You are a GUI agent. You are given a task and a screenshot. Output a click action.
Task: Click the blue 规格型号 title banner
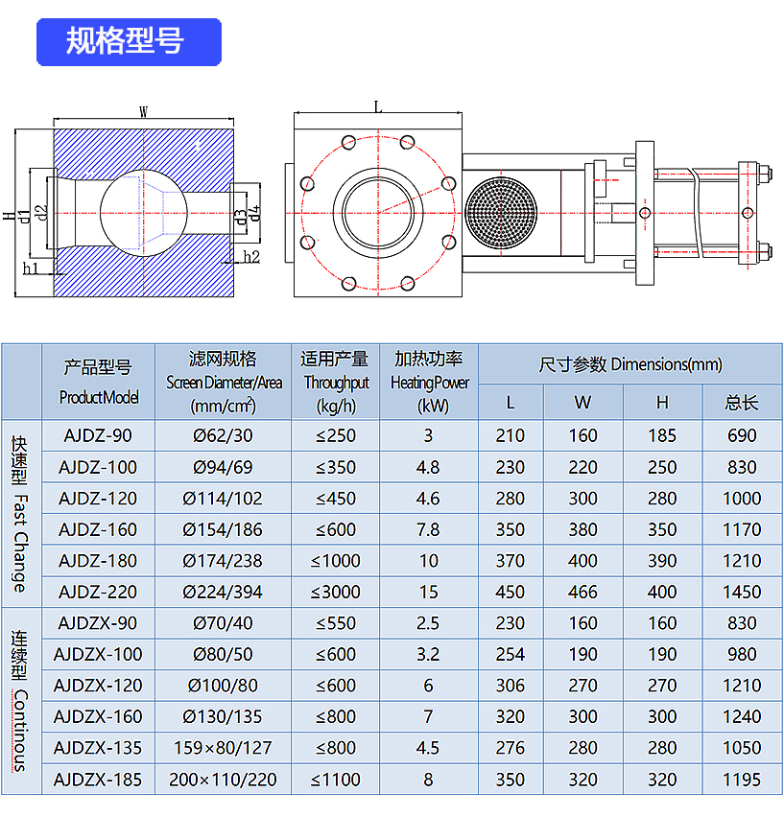pos(129,42)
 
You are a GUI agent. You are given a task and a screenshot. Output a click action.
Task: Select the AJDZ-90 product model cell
pos(97,435)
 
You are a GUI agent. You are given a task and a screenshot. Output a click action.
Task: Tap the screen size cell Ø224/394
pos(224,592)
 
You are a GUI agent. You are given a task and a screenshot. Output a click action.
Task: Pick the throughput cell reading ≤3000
pos(336,592)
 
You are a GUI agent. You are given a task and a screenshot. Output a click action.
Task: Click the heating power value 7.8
pos(429,529)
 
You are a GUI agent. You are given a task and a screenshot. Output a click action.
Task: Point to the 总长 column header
pos(742,402)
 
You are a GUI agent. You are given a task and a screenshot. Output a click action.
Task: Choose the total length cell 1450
pos(742,592)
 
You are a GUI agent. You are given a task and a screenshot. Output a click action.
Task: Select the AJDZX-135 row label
pos(97,748)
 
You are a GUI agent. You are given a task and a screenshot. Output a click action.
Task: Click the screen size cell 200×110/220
pos(224,780)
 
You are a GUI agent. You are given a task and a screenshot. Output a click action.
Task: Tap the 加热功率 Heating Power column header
pos(429,381)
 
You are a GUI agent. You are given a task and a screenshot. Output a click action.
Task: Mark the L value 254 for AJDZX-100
pos(511,654)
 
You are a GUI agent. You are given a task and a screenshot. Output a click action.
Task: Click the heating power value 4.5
pos(429,748)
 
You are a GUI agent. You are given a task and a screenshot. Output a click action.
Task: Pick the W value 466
pos(582,592)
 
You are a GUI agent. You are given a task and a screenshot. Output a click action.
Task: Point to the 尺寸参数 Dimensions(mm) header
pos(630,364)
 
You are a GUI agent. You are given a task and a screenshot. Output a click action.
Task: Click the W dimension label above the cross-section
pos(143,111)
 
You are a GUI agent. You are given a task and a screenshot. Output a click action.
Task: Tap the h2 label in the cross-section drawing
pos(251,257)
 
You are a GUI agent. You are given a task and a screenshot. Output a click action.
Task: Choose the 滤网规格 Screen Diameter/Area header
pos(224,381)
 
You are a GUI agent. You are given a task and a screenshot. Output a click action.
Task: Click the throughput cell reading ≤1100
pos(336,780)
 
